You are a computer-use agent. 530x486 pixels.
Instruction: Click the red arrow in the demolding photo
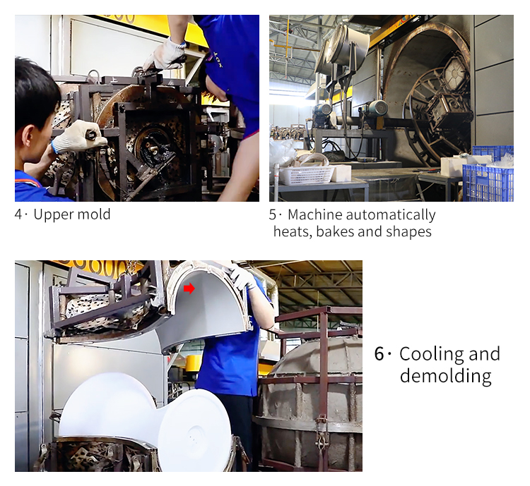(x=189, y=288)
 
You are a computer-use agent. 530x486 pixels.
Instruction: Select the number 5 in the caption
(x=273, y=214)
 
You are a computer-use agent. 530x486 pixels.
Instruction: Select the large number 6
(x=379, y=354)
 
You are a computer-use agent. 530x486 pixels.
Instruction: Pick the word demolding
(x=445, y=375)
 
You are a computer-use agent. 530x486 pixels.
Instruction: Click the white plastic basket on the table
(x=305, y=175)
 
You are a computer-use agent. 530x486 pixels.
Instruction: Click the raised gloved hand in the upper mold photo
(x=166, y=54)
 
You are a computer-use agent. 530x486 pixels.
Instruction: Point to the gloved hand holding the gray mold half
(x=242, y=276)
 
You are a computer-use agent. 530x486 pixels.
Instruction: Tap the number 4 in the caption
(x=18, y=214)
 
